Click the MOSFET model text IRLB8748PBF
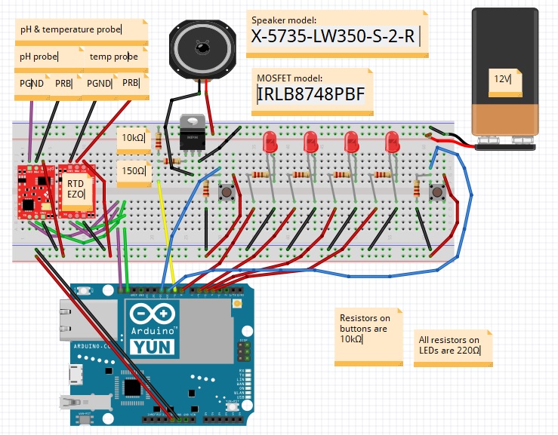click(x=311, y=94)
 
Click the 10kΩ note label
click(x=133, y=138)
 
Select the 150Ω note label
click(x=133, y=171)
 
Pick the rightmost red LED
click(x=392, y=143)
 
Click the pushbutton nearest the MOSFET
click(x=225, y=194)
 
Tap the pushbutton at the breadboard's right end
click(x=436, y=194)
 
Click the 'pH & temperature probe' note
click(x=80, y=31)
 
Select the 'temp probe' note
click(x=114, y=57)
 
